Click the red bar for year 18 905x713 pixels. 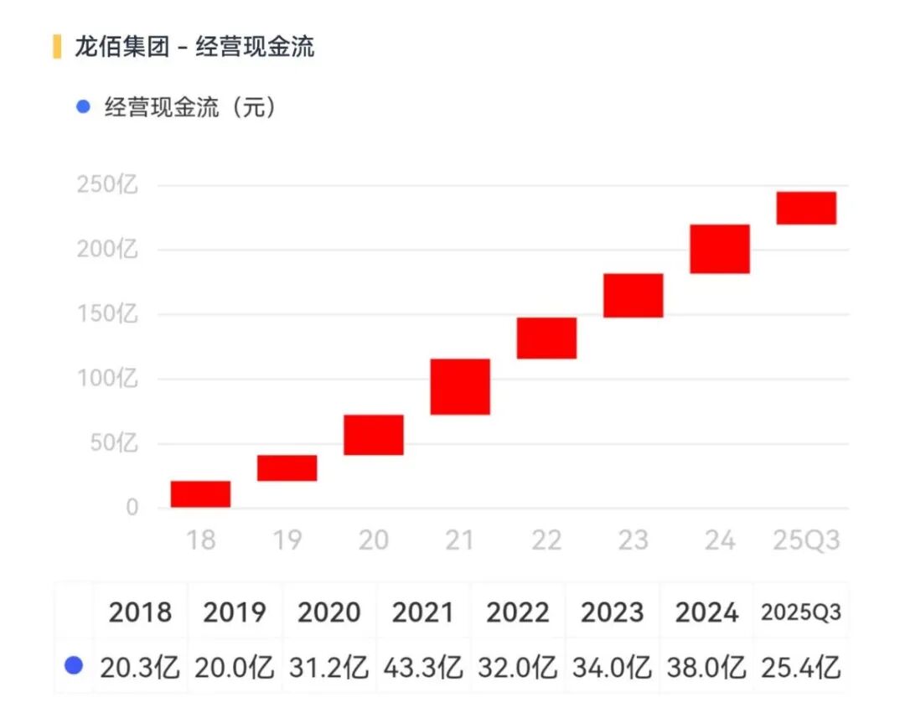[200, 494]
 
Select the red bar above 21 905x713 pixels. [460, 386]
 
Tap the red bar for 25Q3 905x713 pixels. [806, 208]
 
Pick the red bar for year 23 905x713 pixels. [633, 295]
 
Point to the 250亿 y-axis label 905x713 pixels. [107, 184]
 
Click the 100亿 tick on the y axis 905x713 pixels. [107, 379]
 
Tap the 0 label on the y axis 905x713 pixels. [132, 508]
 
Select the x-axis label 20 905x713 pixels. [374, 540]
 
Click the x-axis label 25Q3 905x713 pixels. [805, 540]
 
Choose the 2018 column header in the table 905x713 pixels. [140, 612]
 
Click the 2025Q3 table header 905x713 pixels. [800, 612]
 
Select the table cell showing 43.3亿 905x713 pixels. [423, 668]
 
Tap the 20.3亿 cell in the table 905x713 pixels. [140, 668]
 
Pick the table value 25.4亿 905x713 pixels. [800, 668]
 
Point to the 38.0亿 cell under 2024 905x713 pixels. [706, 668]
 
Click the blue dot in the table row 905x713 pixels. [75, 666]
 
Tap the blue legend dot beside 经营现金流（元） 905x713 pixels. [82, 107]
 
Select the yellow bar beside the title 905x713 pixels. [57, 46]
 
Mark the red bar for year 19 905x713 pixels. [287, 468]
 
